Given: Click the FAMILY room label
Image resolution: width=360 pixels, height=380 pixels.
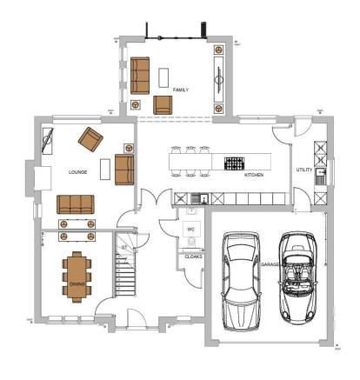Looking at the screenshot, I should [181, 90].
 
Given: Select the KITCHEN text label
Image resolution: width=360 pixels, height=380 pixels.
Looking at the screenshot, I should [254, 175].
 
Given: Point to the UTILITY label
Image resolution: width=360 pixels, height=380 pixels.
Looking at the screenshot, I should [303, 170].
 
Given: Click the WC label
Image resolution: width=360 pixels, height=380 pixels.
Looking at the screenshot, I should [190, 230].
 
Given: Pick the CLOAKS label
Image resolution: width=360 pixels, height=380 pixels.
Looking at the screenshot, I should [192, 257].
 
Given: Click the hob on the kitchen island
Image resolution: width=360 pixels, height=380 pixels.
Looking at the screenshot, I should [235, 162].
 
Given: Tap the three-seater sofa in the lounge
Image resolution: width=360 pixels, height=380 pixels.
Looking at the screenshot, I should [77, 204].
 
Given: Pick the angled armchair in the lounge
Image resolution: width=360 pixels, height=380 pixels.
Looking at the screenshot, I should [90, 137].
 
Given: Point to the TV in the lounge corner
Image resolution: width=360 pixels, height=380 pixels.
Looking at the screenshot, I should [49, 138].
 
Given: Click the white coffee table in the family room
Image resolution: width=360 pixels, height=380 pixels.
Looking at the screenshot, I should [163, 77].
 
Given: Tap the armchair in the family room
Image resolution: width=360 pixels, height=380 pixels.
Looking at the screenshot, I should [163, 105].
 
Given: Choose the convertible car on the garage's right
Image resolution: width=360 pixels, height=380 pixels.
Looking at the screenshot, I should [298, 277].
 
